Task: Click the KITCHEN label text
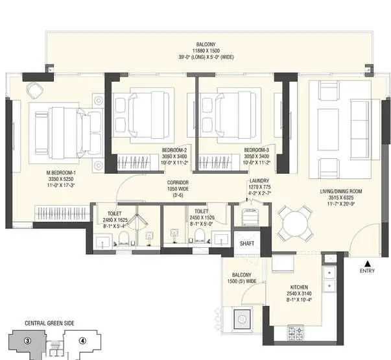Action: pyautogui.click(x=299, y=287)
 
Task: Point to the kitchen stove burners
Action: pyautogui.click(x=300, y=334)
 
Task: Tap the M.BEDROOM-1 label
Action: pyautogui.click(x=61, y=173)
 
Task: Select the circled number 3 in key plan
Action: pyautogui.click(x=27, y=341)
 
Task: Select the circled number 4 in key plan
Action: pyautogui.click(x=82, y=341)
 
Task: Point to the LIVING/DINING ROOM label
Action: pyautogui.click(x=342, y=191)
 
